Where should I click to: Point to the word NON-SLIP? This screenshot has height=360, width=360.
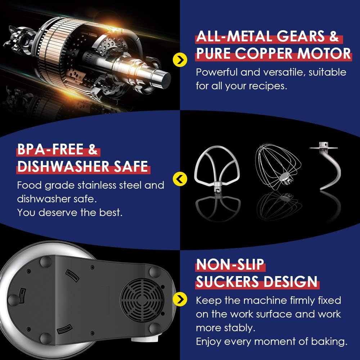click(x=230, y=265)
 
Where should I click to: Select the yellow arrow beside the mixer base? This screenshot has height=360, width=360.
click(x=180, y=298)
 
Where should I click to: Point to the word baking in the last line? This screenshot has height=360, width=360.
click(x=327, y=342)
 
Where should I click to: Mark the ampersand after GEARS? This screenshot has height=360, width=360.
click(x=333, y=37)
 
